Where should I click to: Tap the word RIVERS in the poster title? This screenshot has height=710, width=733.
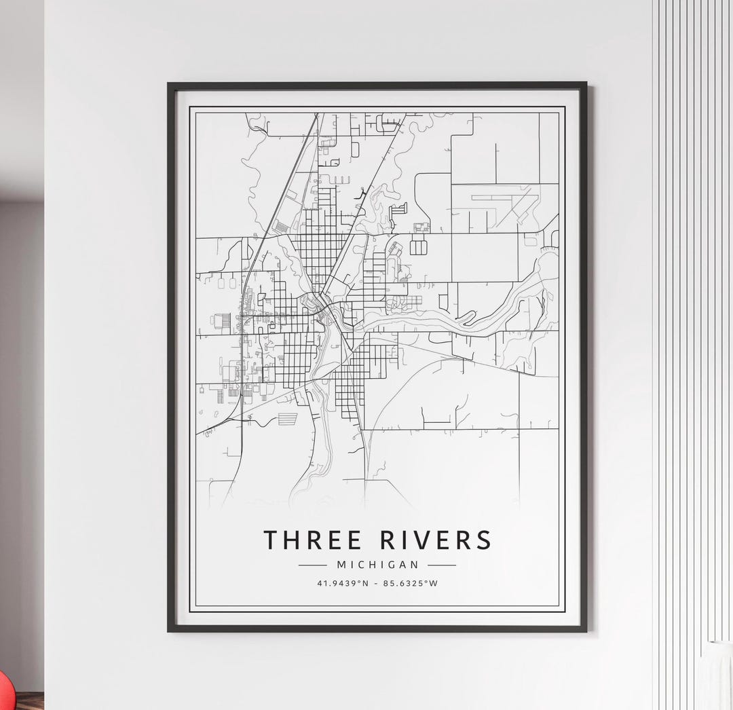pyautogui.click(x=435, y=540)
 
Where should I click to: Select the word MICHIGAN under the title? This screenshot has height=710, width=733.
pyautogui.click(x=377, y=564)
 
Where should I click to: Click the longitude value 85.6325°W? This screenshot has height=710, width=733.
pyautogui.click(x=409, y=583)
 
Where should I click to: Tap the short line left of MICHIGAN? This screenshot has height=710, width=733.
pyautogui.click(x=313, y=565)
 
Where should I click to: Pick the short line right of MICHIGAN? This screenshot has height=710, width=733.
pyautogui.click(x=442, y=565)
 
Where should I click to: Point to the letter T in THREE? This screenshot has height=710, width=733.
pyautogui.click(x=271, y=540)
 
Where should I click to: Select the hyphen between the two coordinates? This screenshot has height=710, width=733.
pyautogui.click(x=377, y=583)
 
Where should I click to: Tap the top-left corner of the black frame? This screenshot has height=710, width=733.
pyautogui.click(x=169, y=84)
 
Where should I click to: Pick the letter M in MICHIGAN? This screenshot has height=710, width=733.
pyautogui.click(x=341, y=564)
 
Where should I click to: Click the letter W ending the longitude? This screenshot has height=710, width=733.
pyautogui.click(x=434, y=583)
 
